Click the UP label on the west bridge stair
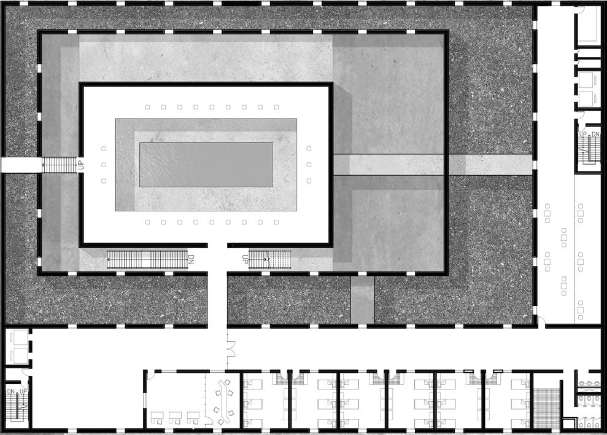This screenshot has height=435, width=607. pyautogui.click(x=80, y=165)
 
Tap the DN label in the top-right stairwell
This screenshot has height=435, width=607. pyautogui.click(x=595, y=134)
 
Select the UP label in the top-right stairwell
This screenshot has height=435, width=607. pyautogui.click(x=583, y=134)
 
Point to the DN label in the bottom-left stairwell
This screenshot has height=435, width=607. pyautogui.click(x=10, y=391)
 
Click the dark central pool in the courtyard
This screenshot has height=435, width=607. pyautogui.click(x=206, y=165)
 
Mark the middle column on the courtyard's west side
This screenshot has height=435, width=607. pyautogui.click(x=104, y=165)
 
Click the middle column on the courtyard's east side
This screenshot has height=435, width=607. pyautogui.click(x=309, y=165)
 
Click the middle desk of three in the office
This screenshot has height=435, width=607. pyautogui.click(x=175, y=416)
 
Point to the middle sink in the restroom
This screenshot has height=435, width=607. pyautogui.click(x=589, y=381)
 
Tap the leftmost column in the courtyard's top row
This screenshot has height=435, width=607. pyautogui.click(x=148, y=107)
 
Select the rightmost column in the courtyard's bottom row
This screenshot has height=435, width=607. pyautogui.click(x=276, y=222)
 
